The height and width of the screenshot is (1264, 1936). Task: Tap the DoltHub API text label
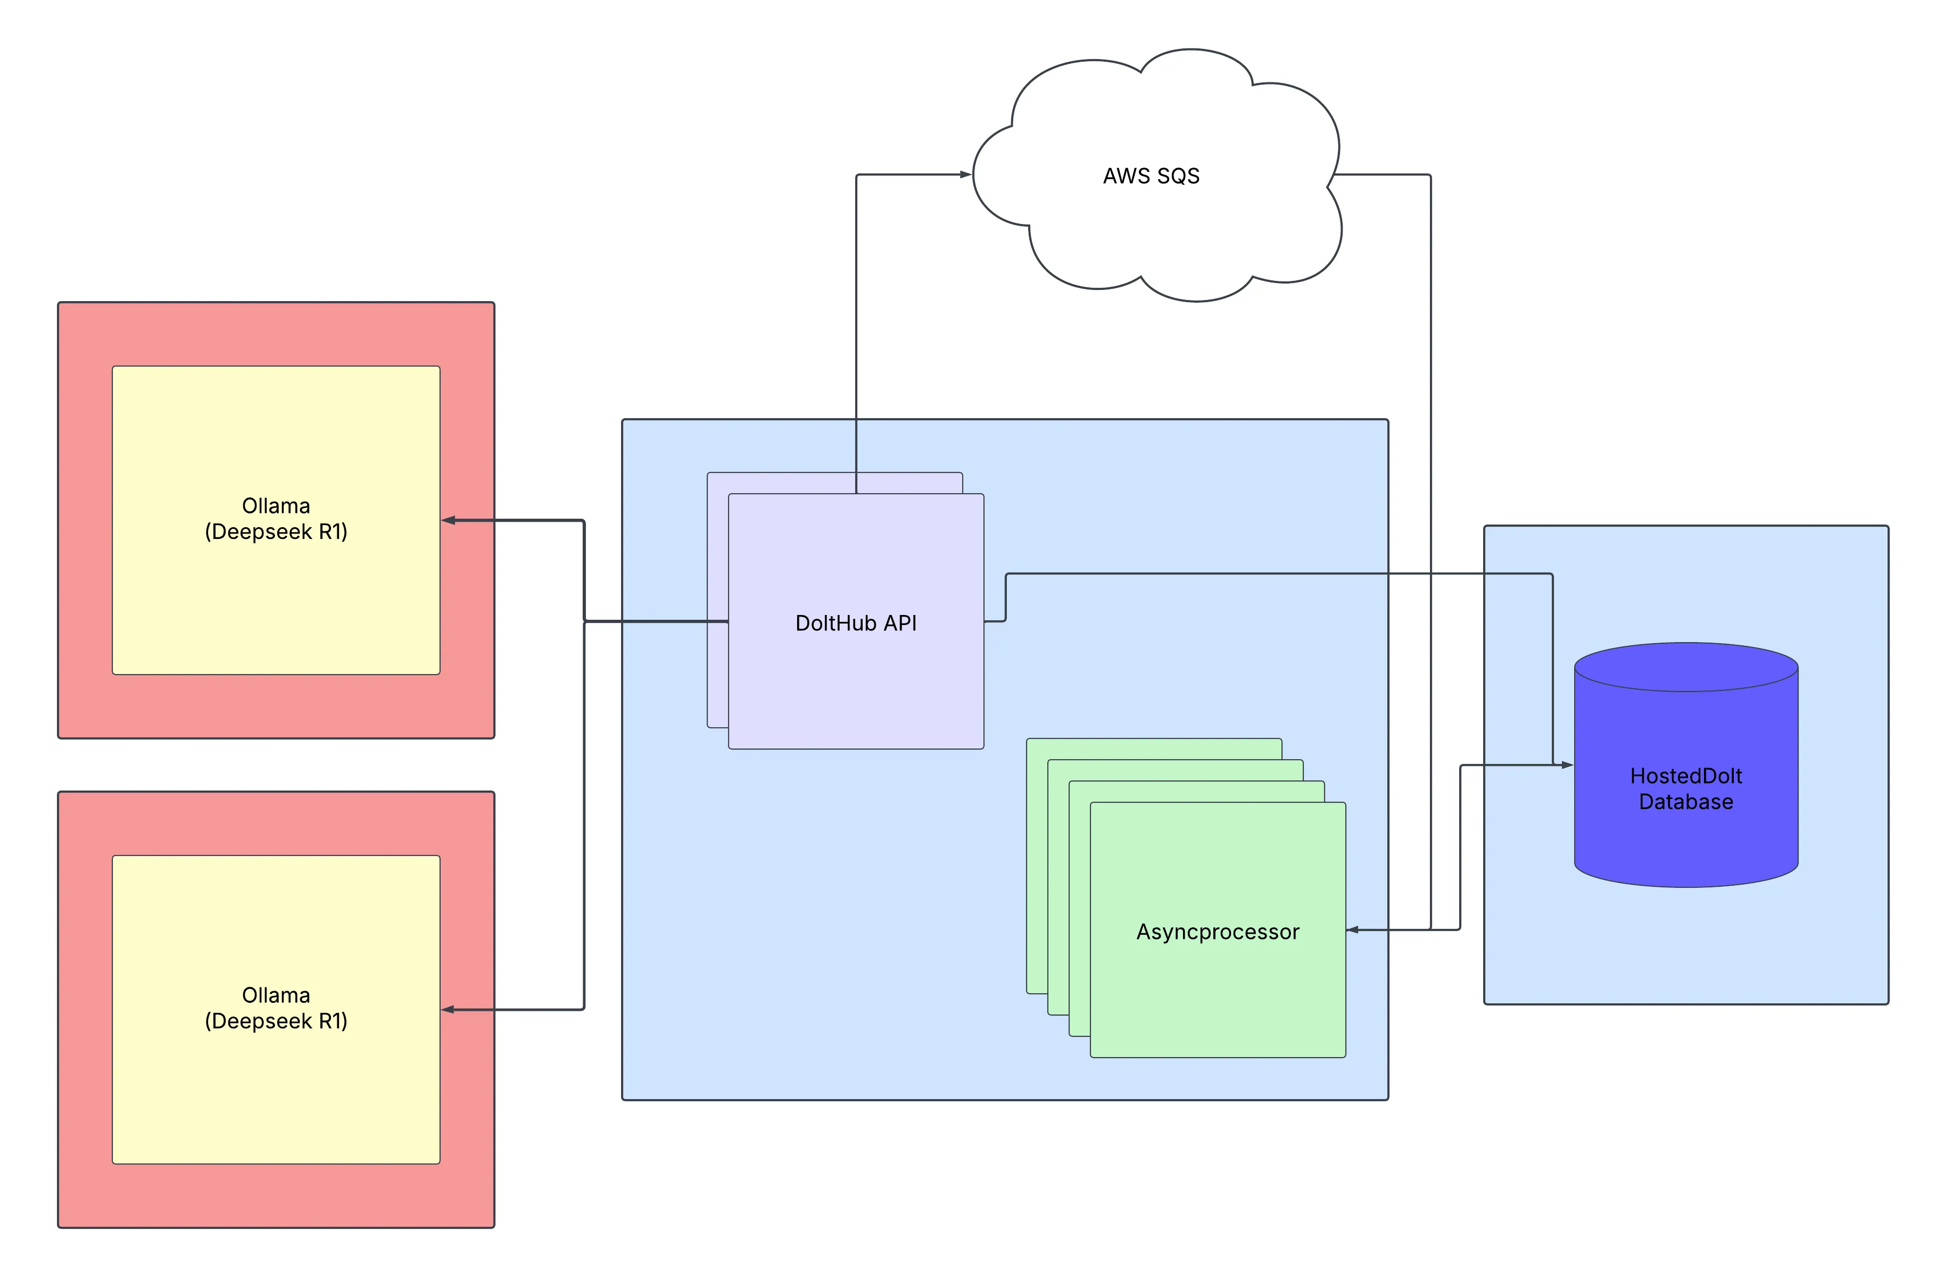(x=855, y=623)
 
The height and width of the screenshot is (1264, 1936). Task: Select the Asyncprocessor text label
(x=1217, y=932)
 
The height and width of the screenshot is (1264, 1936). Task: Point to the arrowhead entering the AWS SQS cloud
(x=965, y=174)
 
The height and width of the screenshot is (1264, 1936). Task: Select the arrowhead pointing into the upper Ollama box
(x=448, y=521)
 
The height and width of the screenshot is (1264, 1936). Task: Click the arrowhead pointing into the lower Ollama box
(x=448, y=1009)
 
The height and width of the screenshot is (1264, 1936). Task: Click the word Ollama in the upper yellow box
(x=276, y=506)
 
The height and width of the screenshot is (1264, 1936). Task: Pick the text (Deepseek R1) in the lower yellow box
(x=276, y=1021)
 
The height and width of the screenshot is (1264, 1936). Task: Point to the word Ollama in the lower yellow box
(x=276, y=995)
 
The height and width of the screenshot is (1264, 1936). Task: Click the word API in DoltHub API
(x=900, y=623)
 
